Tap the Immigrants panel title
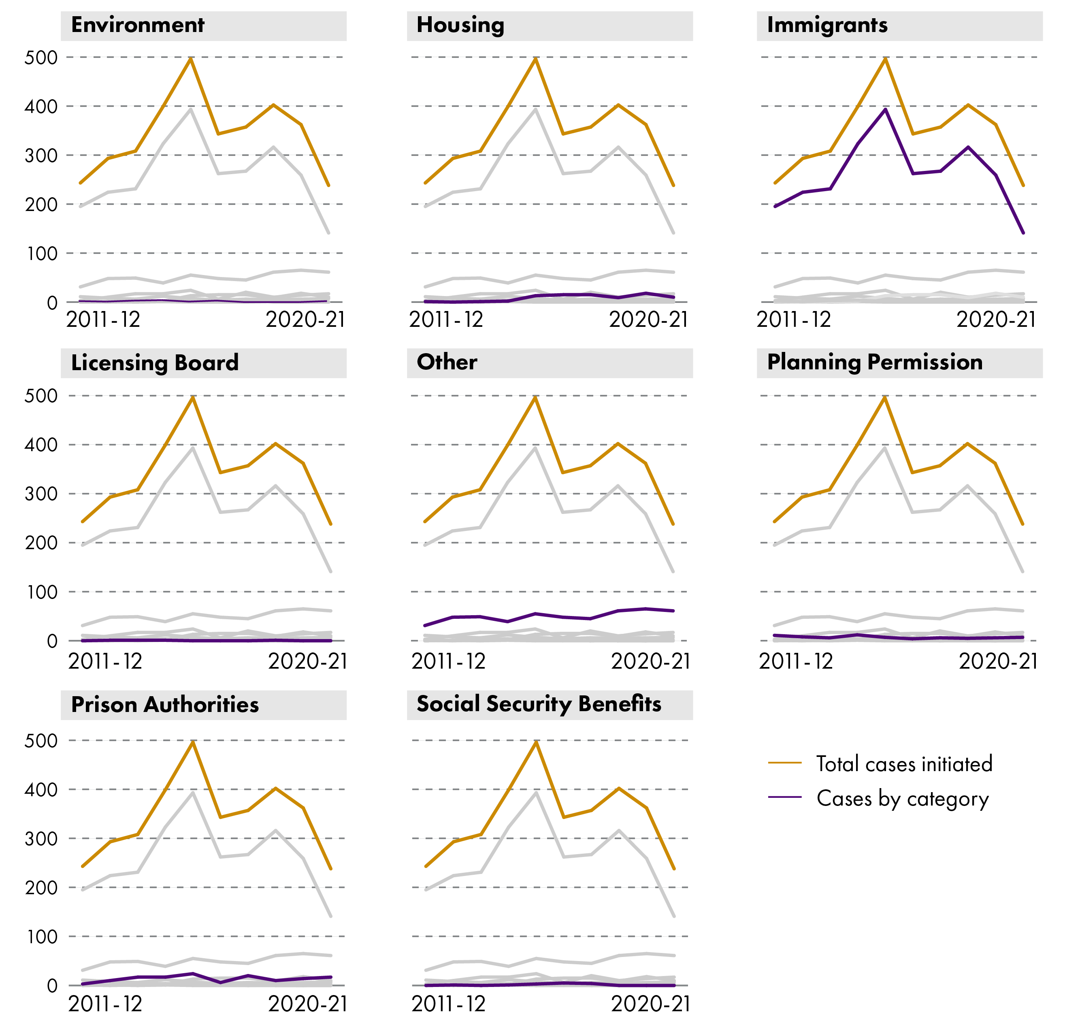point(827,25)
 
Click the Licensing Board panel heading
point(155,362)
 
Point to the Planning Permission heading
point(874,362)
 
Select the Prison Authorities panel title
point(165,705)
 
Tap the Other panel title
point(447,362)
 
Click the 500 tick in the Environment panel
point(41,58)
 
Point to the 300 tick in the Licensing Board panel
point(41,494)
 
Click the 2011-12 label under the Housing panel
point(446,320)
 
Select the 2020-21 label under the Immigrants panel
point(996,320)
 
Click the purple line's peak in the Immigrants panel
point(885,109)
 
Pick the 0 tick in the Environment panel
point(52,303)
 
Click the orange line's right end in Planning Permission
point(1023,524)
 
